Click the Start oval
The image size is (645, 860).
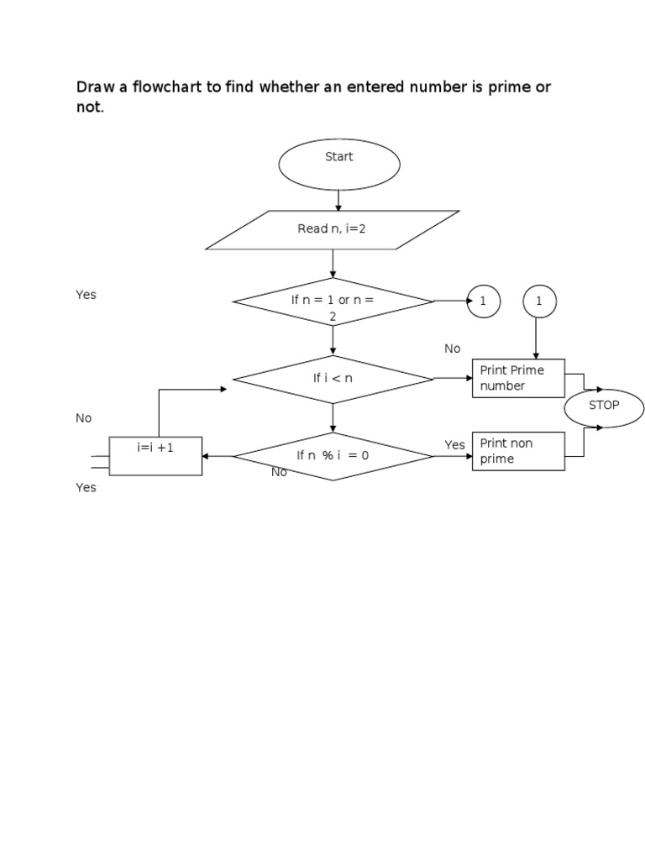(x=339, y=165)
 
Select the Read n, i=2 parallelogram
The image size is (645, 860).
(x=333, y=230)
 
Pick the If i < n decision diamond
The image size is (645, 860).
(x=333, y=380)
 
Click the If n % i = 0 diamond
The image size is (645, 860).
(x=333, y=456)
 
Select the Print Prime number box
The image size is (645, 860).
(x=518, y=378)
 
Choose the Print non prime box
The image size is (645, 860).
(x=518, y=451)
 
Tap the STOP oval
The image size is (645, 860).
(x=604, y=406)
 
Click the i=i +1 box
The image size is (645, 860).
(x=155, y=456)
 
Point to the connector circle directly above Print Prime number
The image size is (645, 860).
(x=538, y=301)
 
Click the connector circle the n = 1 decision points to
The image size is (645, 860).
(x=483, y=301)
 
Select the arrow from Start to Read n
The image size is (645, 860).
(x=338, y=200)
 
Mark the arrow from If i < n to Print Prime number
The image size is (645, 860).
(x=453, y=379)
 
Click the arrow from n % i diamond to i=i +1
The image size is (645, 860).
(x=218, y=456)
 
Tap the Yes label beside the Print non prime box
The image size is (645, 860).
(x=454, y=445)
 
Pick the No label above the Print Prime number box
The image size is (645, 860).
(x=453, y=349)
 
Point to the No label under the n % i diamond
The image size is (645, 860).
(x=279, y=473)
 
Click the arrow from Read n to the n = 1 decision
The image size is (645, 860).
(x=333, y=264)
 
